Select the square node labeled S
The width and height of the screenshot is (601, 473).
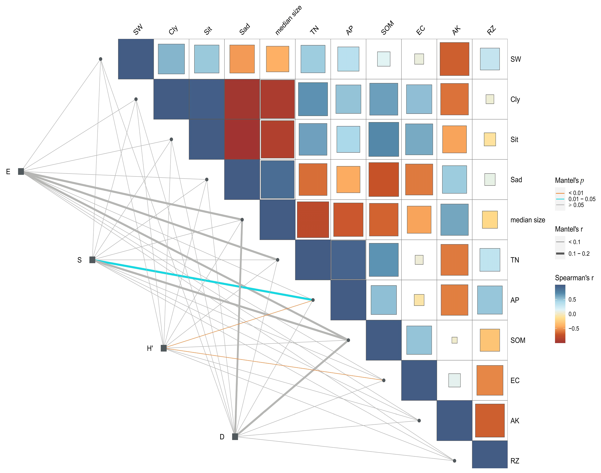pyautogui.click(x=92, y=260)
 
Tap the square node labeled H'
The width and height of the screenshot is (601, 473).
pyautogui.click(x=164, y=348)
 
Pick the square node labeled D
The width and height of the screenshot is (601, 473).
pyautogui.click(x=235, y=437)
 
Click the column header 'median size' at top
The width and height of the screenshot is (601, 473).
pyautogui.click(x=288, y=21)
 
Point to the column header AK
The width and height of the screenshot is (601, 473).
pyautogui.click(x=456, y=30)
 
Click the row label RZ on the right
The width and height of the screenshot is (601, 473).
pyautogui.click(x=515, y=461)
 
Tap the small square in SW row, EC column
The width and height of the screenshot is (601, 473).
pyautogui.click(x=419, y=59)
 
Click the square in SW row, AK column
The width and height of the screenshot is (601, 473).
pyautogui.click(x=455, y=59)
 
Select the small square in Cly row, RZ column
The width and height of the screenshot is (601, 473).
pyautogui.click(x=490, y=99)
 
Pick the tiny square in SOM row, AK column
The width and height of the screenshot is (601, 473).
pyautogui.click(x=455, y=340)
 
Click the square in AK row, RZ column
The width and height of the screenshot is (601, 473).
pyautogui.click(x=490, y=420)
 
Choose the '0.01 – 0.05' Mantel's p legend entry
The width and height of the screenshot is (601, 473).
pyautogui.click(x=582, y=199)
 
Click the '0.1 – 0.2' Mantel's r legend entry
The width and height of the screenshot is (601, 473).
pyautogui.click(x=579, y=254)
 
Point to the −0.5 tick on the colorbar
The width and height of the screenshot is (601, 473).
pyautogui.click(x=574, y=329)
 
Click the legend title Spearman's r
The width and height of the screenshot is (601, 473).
pyautogui.click(x=574, y=278)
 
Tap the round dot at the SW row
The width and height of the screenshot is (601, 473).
pyautogui.click(x=101, y=59)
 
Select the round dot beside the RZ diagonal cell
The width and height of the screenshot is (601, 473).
pyautogui.click(x=455, y=461)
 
